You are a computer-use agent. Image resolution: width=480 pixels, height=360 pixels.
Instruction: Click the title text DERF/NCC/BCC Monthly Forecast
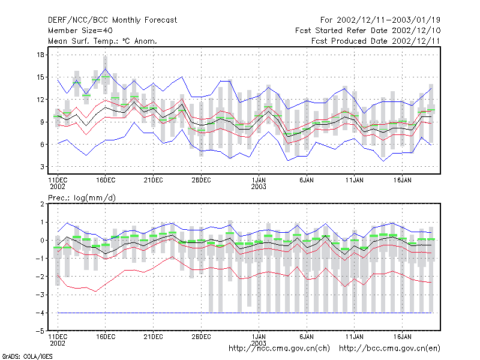[x=112, y=20]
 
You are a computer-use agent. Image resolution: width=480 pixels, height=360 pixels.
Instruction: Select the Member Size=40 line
[x=80, y=31]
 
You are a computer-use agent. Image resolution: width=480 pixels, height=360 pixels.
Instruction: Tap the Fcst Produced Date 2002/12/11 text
[x=376, y=41]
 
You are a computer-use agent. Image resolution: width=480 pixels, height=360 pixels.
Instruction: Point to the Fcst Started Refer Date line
[x=368, y=31]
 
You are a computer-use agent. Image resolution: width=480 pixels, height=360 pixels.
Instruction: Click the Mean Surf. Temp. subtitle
[x=102, y=41]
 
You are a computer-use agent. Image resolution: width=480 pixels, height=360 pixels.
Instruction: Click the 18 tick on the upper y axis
[x=40, y=55]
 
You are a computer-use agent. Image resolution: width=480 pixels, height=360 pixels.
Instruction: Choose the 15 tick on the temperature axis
[x=40, y=77]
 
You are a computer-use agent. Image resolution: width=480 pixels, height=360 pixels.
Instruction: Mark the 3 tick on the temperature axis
[x=42, y=167]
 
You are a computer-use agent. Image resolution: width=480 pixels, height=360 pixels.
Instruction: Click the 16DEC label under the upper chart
[x=106, y=180]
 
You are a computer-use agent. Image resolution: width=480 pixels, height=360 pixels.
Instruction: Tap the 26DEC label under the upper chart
[x=201, y=180]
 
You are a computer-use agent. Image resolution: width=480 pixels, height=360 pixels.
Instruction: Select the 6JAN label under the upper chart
[x=307, y=180]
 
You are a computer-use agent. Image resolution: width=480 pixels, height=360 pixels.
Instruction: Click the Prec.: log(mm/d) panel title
[x=82, y=198]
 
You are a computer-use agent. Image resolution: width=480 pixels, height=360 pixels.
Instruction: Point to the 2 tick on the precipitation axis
[x=42, y=204]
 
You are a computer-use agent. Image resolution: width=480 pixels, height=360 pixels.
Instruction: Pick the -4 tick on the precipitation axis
[x=40, y=313]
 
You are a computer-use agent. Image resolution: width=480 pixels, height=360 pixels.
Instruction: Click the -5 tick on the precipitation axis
[x=40, y=331]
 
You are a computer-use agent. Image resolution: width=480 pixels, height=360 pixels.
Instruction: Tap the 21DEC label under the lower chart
[x=154, y=337]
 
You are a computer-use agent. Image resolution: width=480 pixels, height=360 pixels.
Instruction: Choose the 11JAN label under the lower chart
[x=355, y=337]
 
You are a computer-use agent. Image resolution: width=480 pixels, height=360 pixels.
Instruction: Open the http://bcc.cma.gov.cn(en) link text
[x=389, y=349]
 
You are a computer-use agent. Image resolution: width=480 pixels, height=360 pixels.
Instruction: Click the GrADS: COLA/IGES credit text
[x=27, y=356]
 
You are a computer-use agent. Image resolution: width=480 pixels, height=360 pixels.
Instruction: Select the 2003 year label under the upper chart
[x=259, y=187]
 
